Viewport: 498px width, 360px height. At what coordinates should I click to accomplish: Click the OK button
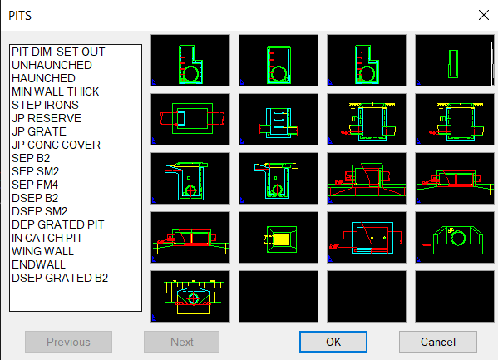point(333,342)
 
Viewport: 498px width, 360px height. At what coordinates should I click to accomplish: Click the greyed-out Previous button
point(68,342)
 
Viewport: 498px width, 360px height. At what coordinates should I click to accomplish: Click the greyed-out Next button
point(181,342)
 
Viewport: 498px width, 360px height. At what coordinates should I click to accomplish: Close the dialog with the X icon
point(483,15)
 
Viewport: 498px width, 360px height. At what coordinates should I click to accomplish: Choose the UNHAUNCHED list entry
point(52,65)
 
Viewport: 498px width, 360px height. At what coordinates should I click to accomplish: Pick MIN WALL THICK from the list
point(55,91)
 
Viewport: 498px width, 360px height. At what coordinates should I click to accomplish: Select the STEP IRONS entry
point(46,105)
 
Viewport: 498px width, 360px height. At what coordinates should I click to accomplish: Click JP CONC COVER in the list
point(56,145)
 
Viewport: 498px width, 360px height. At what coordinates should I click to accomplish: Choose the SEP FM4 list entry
point(35,185)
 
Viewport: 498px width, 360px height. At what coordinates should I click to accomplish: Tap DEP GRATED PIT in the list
point(58,224)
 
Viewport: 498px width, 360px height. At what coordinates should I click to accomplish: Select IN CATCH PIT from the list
point(47,238)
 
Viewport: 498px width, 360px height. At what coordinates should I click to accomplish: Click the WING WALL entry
point(42,251)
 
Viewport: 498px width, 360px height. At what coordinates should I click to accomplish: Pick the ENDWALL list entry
point(39,264)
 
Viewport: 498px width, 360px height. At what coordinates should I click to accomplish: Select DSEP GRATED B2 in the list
point(60,278)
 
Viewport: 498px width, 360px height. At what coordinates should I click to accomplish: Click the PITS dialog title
point(22,15)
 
